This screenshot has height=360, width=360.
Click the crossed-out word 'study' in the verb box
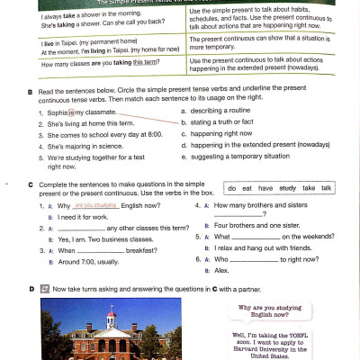287,188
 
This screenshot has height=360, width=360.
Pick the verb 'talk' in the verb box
327,188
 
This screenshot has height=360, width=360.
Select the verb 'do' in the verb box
234,188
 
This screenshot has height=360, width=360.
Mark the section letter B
31,92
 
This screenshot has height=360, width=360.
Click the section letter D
31,289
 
